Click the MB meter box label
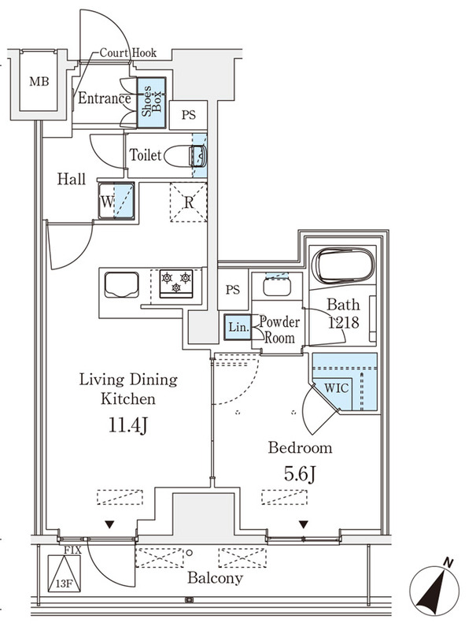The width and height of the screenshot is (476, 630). click(37, 81)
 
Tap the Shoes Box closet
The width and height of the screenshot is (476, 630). click(152, 100)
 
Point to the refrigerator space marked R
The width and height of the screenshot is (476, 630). click(188, 202)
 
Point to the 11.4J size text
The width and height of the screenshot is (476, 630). click(128, 426)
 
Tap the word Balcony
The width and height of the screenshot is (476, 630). click(215, 578)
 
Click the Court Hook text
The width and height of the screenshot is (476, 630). click(127, 53)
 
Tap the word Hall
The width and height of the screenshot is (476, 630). click(71, 180)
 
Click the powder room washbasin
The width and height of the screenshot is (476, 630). click(276, 287)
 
